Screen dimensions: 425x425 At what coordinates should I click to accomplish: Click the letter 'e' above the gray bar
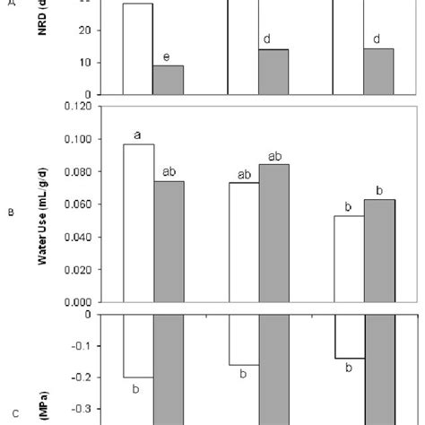[167, 57]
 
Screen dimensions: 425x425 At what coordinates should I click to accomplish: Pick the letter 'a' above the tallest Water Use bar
[137, 134]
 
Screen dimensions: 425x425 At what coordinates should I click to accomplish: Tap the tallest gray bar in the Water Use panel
[274, 233]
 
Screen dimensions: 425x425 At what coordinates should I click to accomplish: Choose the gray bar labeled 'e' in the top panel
[168, 80]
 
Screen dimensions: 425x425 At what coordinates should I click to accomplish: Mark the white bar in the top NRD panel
[137, 48]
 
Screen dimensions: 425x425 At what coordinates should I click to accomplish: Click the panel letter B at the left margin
[10, 212]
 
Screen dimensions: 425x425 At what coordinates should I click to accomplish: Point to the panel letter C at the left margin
[10, 413]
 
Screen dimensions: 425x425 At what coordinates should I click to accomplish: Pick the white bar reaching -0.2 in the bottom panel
[137, 345]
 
